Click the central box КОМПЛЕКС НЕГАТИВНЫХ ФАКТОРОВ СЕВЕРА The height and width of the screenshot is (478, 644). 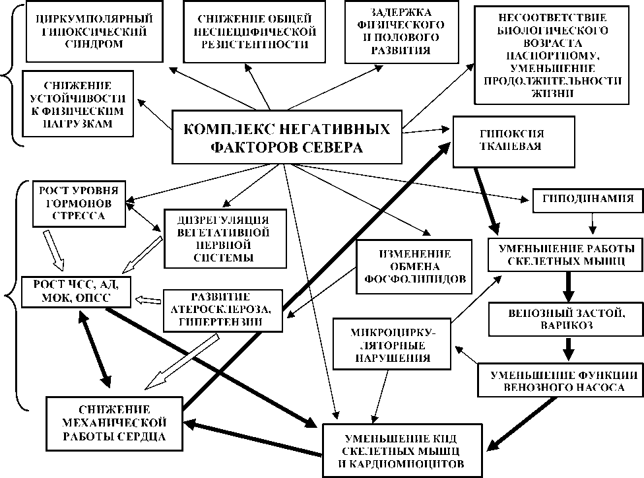pos(286,137)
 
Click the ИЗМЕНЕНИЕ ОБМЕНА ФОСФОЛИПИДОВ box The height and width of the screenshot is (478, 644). pos(414,266)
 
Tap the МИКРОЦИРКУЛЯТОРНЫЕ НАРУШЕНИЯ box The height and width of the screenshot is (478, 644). pos(394,343)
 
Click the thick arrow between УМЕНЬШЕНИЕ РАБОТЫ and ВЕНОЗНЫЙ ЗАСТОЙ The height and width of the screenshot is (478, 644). pos(566,287)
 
